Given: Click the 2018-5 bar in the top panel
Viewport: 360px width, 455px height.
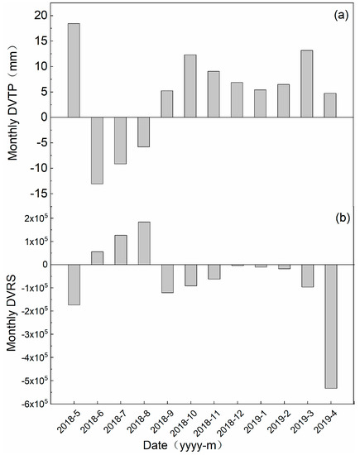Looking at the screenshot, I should pyautogui.click(x=74, y=70).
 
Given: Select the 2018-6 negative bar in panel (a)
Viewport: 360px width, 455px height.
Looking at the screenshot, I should pyautogui.click(x=97, y=150).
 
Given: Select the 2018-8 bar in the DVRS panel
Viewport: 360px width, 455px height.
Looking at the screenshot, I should pyautogui.click(x=144, y=243).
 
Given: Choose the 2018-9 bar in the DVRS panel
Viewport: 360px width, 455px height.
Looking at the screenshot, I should pyautogui.click(x=167, y=279).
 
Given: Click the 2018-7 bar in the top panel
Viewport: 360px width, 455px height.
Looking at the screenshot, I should pyautogui.click(x=121, y=141).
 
